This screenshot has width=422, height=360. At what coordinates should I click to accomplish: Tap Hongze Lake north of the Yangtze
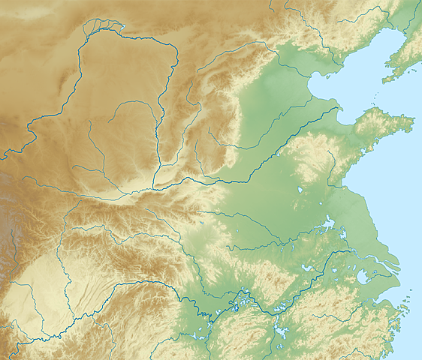327,223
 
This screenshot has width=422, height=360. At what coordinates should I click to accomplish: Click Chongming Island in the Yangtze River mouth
390,262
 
